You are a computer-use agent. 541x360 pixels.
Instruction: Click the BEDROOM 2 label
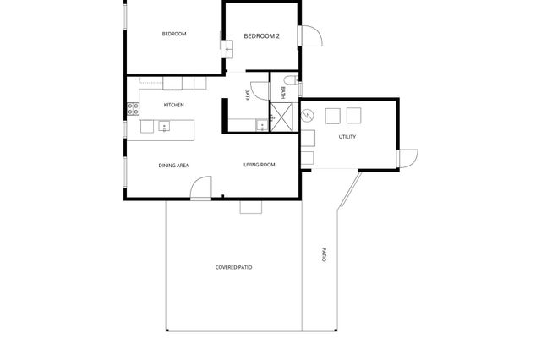[x=261, y=36]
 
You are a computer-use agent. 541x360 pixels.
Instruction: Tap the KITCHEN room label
[x=174, y=105]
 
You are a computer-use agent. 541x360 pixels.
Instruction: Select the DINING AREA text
[x=173, y=165]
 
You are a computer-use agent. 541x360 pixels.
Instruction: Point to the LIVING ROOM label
[x=260, y=164]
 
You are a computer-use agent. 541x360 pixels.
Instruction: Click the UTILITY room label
[x=347, y=137]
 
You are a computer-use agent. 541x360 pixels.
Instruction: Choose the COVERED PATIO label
[x=233, y=267]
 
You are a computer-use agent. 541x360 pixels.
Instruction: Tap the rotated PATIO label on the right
[x=323, y=254]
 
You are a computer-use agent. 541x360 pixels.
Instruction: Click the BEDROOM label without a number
[x=174, y=34]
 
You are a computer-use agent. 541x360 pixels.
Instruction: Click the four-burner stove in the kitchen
[x=133, y=109]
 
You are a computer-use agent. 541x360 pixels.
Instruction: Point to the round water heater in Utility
[x=306, y=112]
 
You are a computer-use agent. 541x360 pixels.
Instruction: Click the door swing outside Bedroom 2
[x=310, y=34]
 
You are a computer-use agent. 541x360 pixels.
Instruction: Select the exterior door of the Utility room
[x=407, y=158]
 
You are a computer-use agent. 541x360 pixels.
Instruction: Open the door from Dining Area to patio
[x=201, y=189]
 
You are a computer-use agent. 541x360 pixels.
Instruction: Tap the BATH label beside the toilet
[x=281, y=94]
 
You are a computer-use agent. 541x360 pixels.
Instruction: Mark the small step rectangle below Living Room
[x=251, y=207]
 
